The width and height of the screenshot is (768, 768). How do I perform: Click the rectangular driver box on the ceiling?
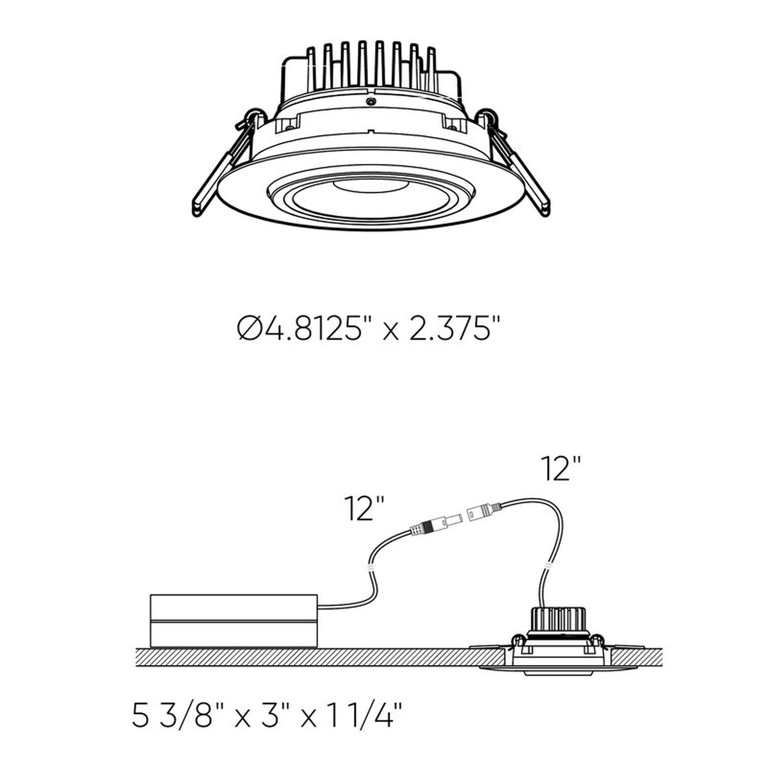click(x=234, y=626)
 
